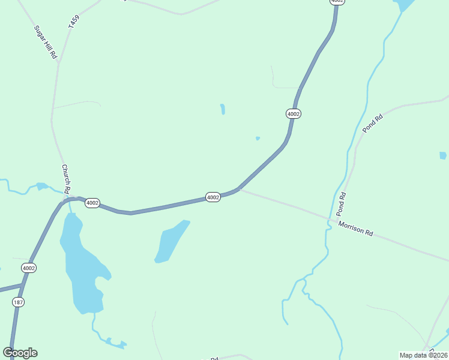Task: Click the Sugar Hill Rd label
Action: click(45, 42)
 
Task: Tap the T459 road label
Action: click(74, 22)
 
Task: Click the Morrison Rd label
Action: click(355, 229)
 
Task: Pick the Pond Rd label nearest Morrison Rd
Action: click(341, 204)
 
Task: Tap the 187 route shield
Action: click(18, 302)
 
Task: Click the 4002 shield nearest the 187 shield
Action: click(28, 268)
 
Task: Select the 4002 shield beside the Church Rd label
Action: click(92, 203)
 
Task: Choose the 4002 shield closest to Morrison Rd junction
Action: click(213, 197)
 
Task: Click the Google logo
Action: click(20, 352)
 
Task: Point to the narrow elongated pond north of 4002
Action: click(223, 109)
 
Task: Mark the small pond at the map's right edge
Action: click(443, 155)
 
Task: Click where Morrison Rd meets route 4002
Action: click(240, 190)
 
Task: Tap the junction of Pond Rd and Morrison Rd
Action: click(329, 220)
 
